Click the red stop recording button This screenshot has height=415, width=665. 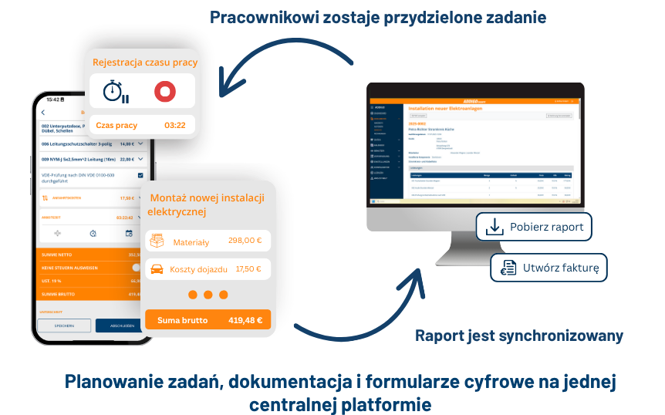coord(164,91)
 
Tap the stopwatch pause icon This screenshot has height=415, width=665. coord(116,91)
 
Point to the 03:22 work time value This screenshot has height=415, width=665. coord(175,125)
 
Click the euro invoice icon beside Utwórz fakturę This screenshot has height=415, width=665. coord(508,268)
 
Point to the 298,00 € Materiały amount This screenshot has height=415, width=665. coord(245,241)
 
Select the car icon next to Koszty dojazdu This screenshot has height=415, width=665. coord(157,269)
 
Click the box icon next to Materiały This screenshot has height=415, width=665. coord(157,241)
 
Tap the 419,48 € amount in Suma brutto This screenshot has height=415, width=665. coord(245,320)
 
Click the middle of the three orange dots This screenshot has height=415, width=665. coord(208,295)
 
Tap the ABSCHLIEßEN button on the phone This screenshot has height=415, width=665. coord(123,326)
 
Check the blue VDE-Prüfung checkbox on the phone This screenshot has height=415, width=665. coord(140,176)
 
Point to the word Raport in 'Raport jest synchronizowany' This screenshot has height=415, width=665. coord(441,336)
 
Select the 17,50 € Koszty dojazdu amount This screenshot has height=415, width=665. coord(248,269)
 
